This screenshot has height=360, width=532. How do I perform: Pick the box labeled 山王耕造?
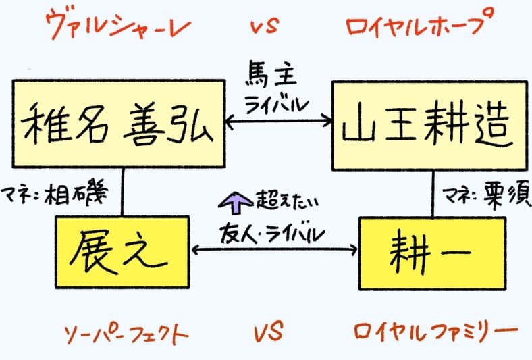click(x=429, y=125)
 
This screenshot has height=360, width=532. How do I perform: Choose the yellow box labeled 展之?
click(x=122, y=250)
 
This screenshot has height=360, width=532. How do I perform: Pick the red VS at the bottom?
click(x=268, y=332)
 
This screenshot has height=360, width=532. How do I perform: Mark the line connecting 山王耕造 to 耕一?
click(x=432, y=193)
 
